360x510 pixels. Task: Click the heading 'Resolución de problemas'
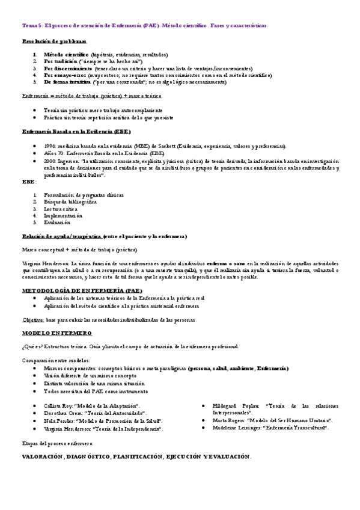[x=54, y=41]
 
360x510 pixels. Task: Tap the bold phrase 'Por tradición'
[x=60, y=61]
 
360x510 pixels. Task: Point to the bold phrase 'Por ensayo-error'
[x=64, y=75]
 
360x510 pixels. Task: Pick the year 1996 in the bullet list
[x=50, y=146]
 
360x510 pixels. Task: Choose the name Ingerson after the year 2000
[x=69, y=161]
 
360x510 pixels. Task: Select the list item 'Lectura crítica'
[x=60, y=209]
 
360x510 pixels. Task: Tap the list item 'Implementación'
[x=63, y=215]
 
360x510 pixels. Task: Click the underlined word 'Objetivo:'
[x=33, y=320]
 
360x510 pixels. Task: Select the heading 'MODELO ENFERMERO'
[x=56, y=333]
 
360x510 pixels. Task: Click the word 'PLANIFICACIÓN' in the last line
[x=137, y=457]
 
